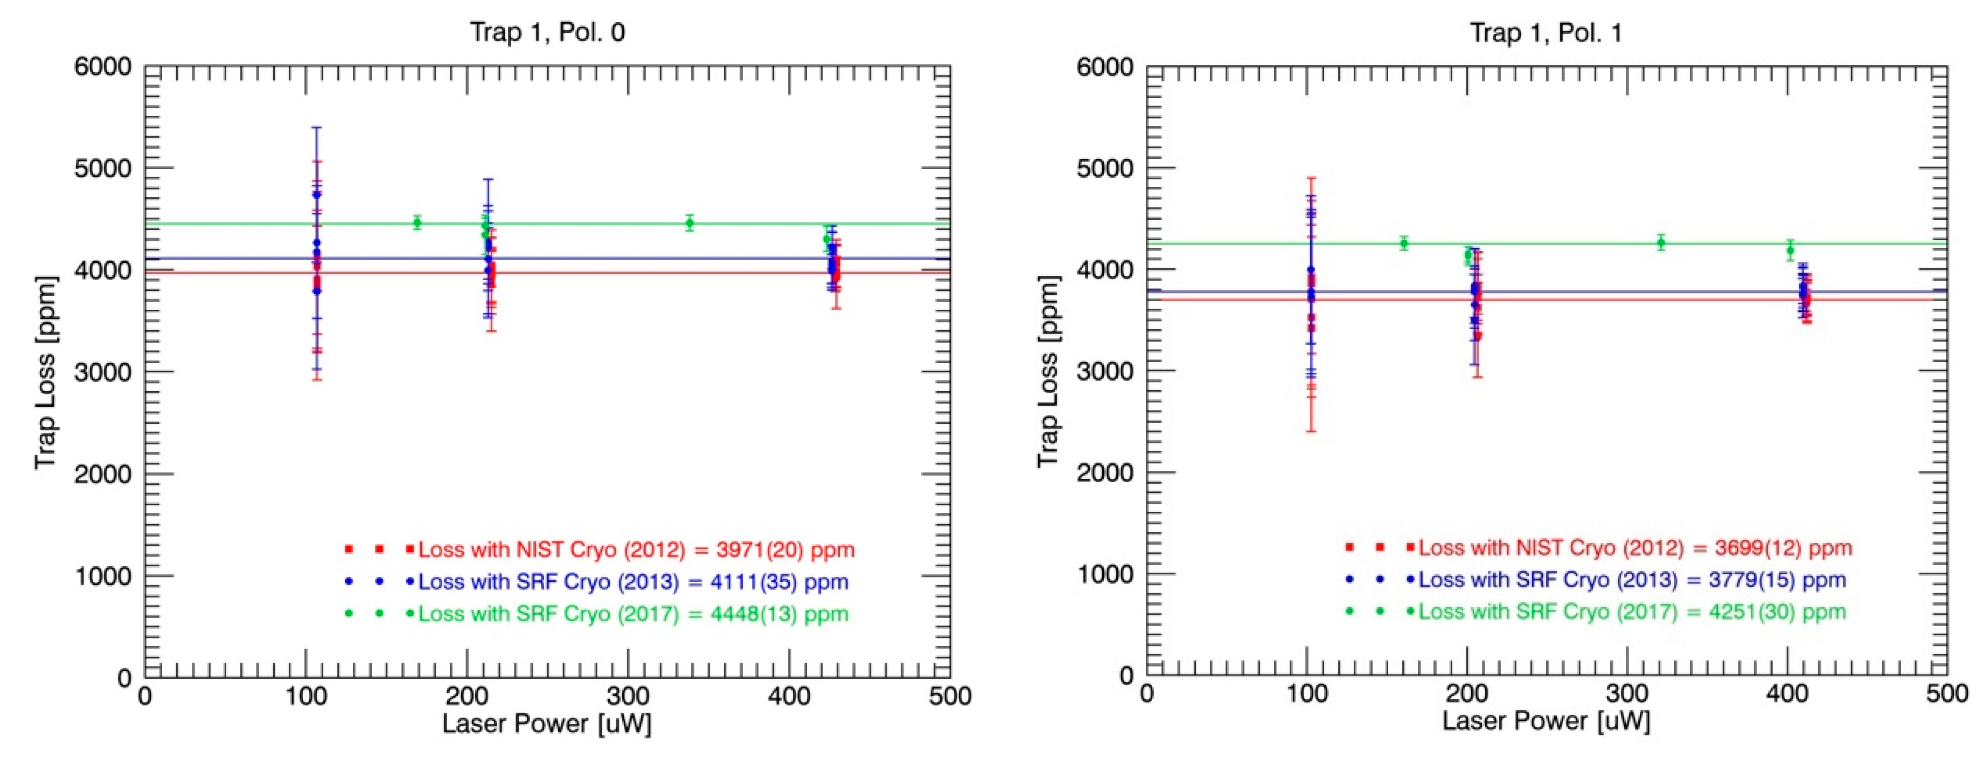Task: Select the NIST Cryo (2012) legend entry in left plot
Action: [x=636, y=550]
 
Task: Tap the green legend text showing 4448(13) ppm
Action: [x=633, y=614]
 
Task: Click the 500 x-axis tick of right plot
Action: [x=1946, y=694]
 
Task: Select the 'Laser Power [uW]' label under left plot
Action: [x=546, y=724]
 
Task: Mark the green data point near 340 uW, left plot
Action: [x=690, y=224]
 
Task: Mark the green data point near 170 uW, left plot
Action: [x=416, y=222]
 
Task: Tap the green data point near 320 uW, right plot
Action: [x=1661, y=242]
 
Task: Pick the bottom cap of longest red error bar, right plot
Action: [x=1311, y=430]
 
